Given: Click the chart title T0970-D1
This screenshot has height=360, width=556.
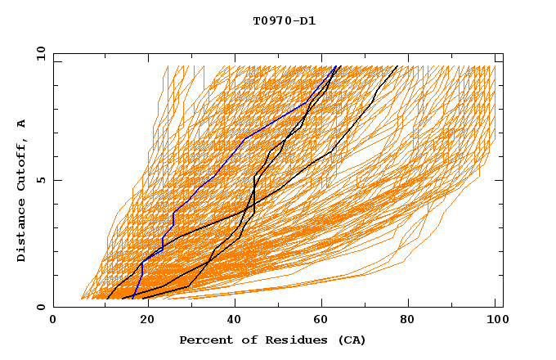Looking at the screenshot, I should tap(285, 20).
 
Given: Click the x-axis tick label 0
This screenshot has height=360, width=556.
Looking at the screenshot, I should tap(53, 321).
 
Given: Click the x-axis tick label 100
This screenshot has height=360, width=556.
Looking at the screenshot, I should tap(495, 321).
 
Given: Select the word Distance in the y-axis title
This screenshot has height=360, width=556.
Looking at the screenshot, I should tap(22, 231).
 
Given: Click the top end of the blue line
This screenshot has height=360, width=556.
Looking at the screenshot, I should tap(336, 66).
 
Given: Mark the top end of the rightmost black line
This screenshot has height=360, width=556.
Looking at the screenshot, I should tap(397, 66).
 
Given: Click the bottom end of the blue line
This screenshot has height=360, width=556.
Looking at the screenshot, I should tap(132, 299).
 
